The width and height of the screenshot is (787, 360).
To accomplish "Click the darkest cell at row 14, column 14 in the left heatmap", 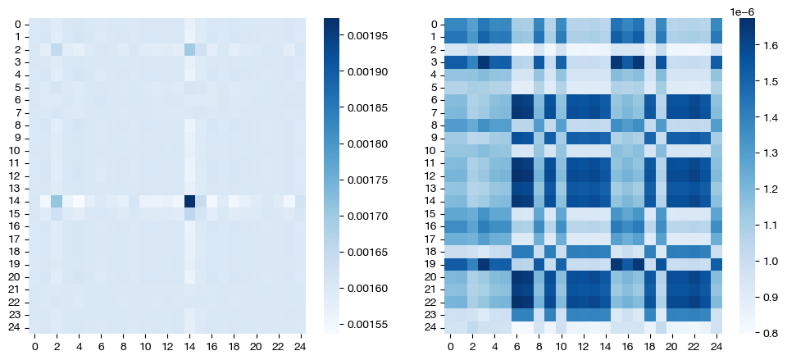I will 190,201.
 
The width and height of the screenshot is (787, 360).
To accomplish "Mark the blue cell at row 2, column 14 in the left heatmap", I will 190,50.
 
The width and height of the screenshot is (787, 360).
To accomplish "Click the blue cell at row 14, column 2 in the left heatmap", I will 57,201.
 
